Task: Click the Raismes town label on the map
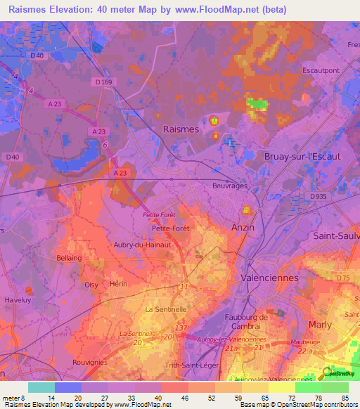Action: [181, 129]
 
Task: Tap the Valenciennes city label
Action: [269, 278]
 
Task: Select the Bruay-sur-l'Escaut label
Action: [302, 156]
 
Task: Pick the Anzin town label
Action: [243, 228]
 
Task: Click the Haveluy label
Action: [15, 299]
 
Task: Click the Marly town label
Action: [321, 324]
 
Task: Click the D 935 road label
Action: [319, 196]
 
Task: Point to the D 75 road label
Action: [342, 278]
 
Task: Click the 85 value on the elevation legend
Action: [346, 397]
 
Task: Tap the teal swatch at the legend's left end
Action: [41, 387]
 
